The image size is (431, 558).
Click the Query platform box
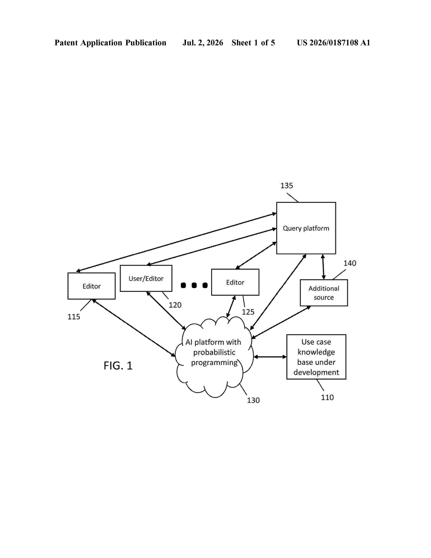click(306, 228)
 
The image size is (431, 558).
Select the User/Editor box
click(146, 278)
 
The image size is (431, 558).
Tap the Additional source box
click(324, 293)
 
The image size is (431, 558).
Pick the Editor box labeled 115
click(91, 286)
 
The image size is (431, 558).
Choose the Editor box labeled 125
click(235, 282)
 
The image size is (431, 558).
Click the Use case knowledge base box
click(316, 357)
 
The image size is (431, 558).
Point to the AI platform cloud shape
click(214, 357)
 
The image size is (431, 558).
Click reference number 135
click(287, 186)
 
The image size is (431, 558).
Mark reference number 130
click(253, 400)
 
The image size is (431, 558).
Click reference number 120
click(175, 305)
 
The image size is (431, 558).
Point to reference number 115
click(74, 317)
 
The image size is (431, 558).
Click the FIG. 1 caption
click(118, 366)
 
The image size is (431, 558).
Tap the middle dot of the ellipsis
click(194, 285)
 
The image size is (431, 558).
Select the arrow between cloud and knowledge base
click(270, 357)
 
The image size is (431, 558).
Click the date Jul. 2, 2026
click(203, 43)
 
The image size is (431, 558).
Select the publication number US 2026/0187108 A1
click(333, 43)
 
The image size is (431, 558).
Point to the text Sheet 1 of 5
click(253, 43)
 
